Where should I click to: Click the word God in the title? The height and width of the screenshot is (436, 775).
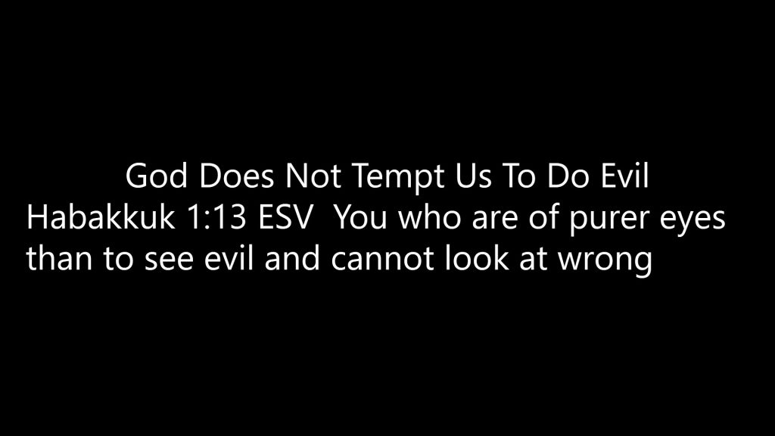[x=156, y=176]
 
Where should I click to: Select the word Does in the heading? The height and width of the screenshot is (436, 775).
[x=236, y=176]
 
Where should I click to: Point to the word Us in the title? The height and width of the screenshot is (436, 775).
[x=473, y=176]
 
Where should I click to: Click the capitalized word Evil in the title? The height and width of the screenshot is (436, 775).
[x=624, y=176]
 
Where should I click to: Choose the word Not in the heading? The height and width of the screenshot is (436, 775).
[x=313, y=176]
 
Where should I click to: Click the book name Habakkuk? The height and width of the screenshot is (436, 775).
[x=101, y=217]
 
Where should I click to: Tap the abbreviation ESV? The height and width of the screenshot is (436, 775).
[x=286, y=218]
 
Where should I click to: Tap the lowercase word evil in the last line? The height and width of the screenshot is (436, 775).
[x=229, y=258]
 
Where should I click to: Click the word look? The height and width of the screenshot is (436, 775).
[x=477, y=258]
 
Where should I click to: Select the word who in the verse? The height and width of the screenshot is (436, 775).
[x=430, y=217]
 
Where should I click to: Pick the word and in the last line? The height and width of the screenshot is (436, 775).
[x=292, y=258]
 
